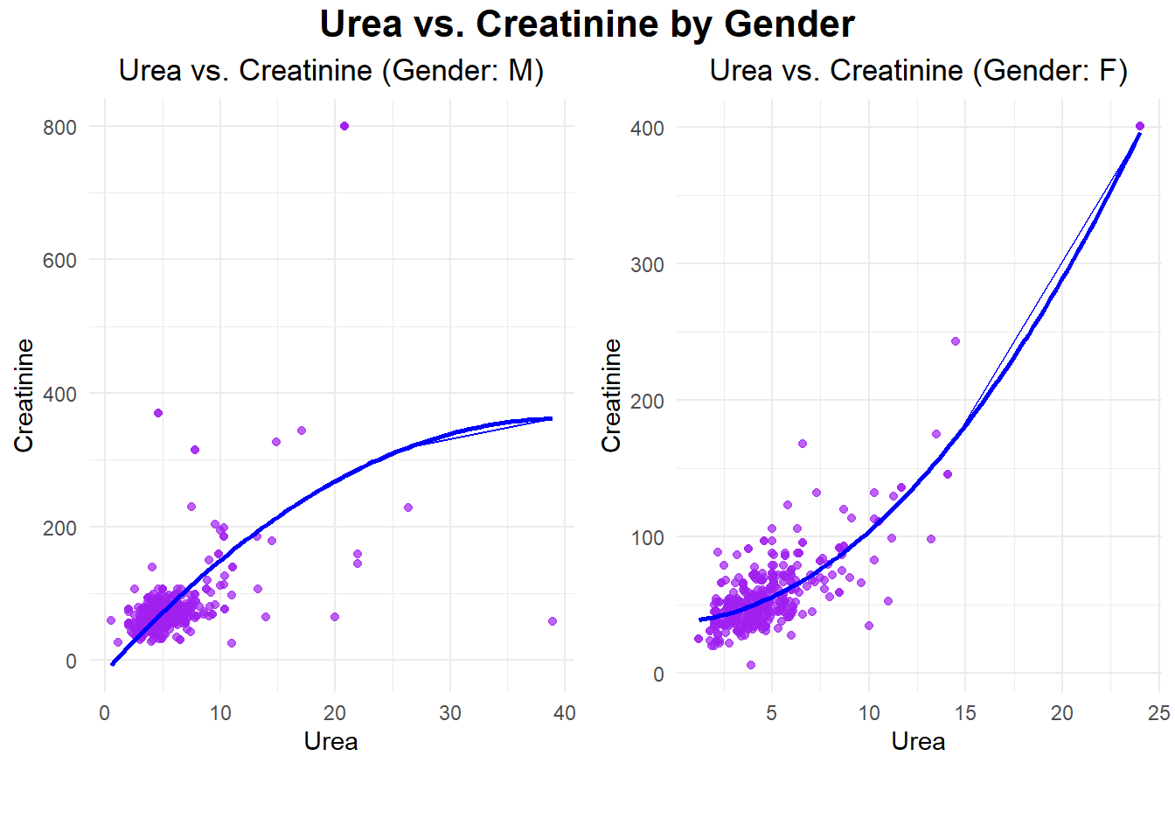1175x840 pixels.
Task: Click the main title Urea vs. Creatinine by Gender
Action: click(587, 24)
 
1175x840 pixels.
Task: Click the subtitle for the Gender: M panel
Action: click(331, 70)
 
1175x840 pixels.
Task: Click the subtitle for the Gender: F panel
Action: click(918, 70)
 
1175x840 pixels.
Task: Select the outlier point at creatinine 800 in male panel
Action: click(344, 126)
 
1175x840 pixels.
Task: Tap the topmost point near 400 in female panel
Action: click(1140, 126)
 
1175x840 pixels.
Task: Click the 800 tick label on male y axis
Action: click(59, 128)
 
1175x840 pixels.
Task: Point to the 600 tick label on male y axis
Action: click(59, 261)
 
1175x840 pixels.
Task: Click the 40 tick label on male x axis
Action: click(565, 713)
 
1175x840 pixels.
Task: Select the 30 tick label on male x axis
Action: click(450, 713)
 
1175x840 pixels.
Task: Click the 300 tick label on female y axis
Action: click(647, 265)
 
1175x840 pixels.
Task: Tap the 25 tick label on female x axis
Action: click(1159, 713)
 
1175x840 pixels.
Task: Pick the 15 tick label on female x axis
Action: click(965, 713)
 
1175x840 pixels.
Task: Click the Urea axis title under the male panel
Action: click(330, 742)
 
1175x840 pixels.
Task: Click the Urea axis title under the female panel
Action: click(918, 742)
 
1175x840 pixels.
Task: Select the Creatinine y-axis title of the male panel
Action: click(24, 395)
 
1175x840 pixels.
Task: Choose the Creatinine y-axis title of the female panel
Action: click(611, 395)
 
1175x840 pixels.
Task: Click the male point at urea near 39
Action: click(553, 621)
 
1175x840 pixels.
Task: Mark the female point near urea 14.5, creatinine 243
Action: click(956, 341)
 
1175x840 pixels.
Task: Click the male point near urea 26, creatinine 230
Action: click(408, 507)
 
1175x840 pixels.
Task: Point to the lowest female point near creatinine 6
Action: click(751, 665)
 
